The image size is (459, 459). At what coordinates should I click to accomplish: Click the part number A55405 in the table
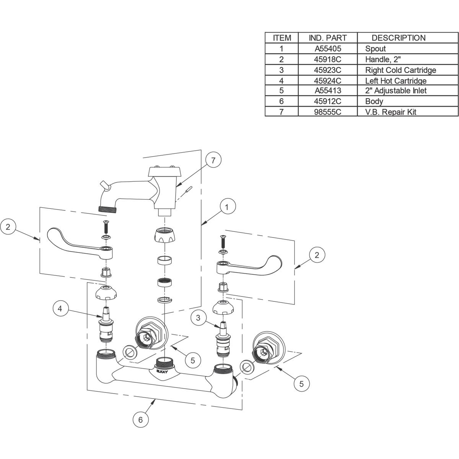coord(328,49)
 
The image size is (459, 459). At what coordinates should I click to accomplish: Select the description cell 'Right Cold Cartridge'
coord(400,70)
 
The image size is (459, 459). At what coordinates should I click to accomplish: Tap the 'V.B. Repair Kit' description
coord(391,112)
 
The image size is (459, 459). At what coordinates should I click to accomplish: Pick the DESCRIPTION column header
coord(399,38)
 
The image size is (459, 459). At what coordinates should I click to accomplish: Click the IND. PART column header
coord(328,38)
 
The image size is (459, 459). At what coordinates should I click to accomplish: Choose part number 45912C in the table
coord(328,101)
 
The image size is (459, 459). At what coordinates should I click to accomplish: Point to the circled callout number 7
coord(213,160)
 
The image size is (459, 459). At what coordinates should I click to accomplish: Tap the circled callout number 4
coord(60,309)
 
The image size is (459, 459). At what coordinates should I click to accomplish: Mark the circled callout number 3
coord(198,317)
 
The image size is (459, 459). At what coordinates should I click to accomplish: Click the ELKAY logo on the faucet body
coord(162,372)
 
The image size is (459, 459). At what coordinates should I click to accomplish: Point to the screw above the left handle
coord(106,227)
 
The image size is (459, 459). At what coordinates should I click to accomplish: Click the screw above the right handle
coord(223,241)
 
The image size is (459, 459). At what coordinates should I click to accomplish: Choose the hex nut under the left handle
coord(106,272)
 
